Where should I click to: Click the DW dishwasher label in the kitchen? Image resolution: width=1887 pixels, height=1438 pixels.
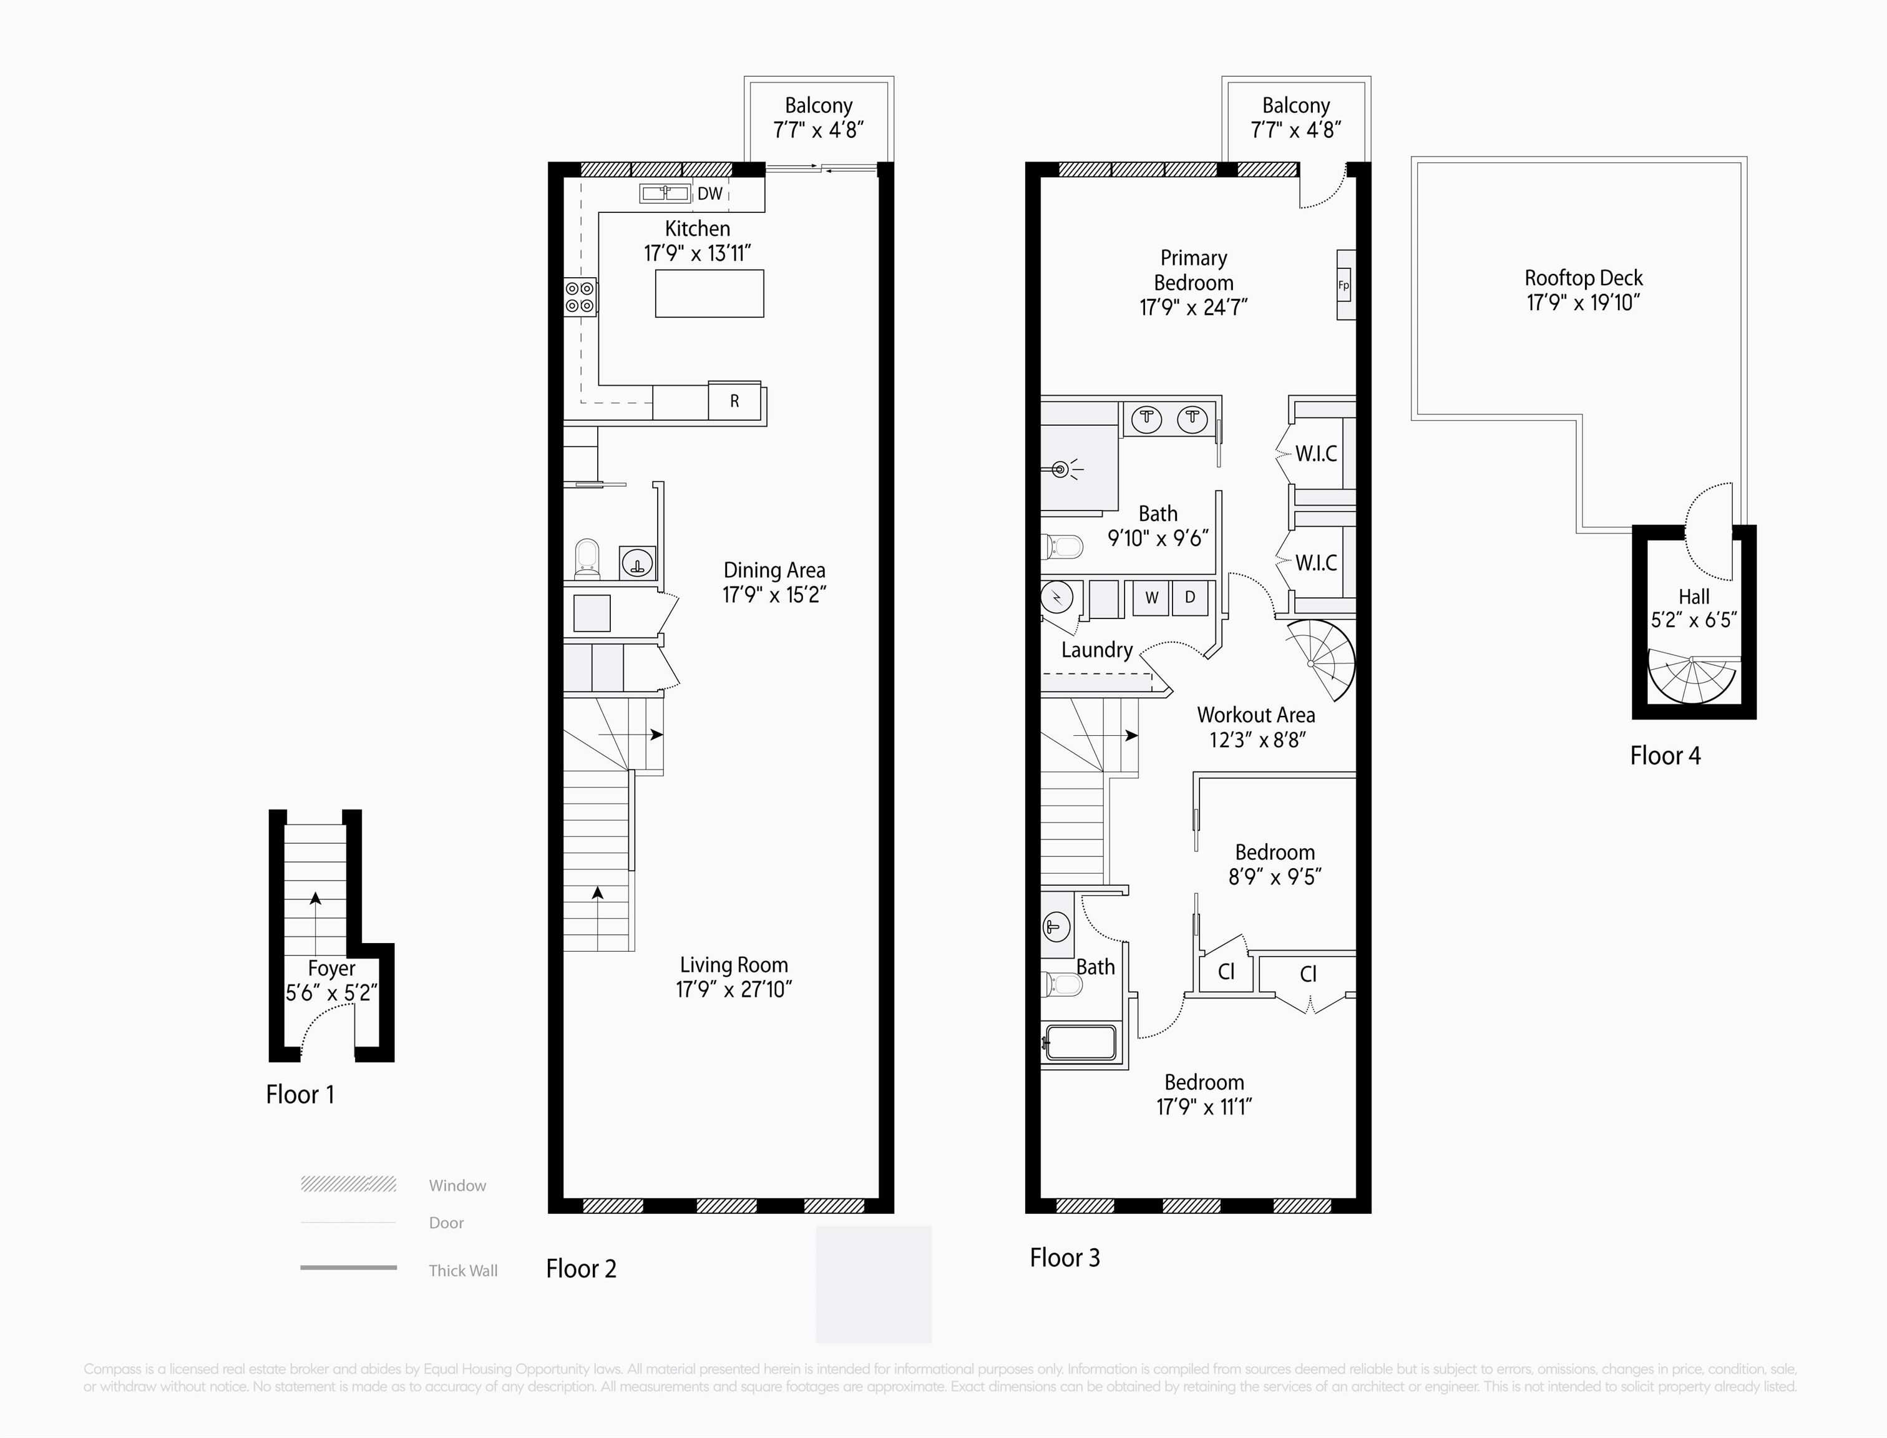coord(709,194)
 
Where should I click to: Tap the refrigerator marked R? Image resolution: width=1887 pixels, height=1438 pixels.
coord(734,401)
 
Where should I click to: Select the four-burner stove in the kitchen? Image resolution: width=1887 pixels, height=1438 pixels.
coord(579,297)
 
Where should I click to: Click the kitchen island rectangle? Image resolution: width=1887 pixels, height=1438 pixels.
coord(709,293)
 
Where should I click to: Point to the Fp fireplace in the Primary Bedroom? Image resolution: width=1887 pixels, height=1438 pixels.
coord(1345,286)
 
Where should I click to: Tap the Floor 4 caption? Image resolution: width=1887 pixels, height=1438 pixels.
coord(1664,756)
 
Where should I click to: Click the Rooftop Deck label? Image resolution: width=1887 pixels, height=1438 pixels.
coord(1583,278)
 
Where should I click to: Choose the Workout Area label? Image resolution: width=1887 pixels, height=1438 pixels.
coord(1256,715)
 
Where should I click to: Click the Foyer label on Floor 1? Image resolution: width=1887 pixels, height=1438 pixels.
coord(331,968)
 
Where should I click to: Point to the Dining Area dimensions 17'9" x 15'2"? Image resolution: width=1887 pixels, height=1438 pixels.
coord(774,595)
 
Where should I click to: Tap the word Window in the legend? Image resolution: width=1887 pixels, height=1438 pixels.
coord(457,1185)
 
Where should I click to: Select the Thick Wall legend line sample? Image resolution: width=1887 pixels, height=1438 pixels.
coord(348,1268)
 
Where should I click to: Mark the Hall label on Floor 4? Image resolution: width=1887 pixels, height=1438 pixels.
coord(1694,597)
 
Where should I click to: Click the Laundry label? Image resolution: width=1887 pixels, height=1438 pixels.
coord(1096,650)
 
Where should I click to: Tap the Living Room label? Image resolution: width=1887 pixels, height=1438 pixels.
coord(733,965)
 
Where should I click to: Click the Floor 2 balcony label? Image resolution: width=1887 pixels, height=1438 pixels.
coord(818,105)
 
